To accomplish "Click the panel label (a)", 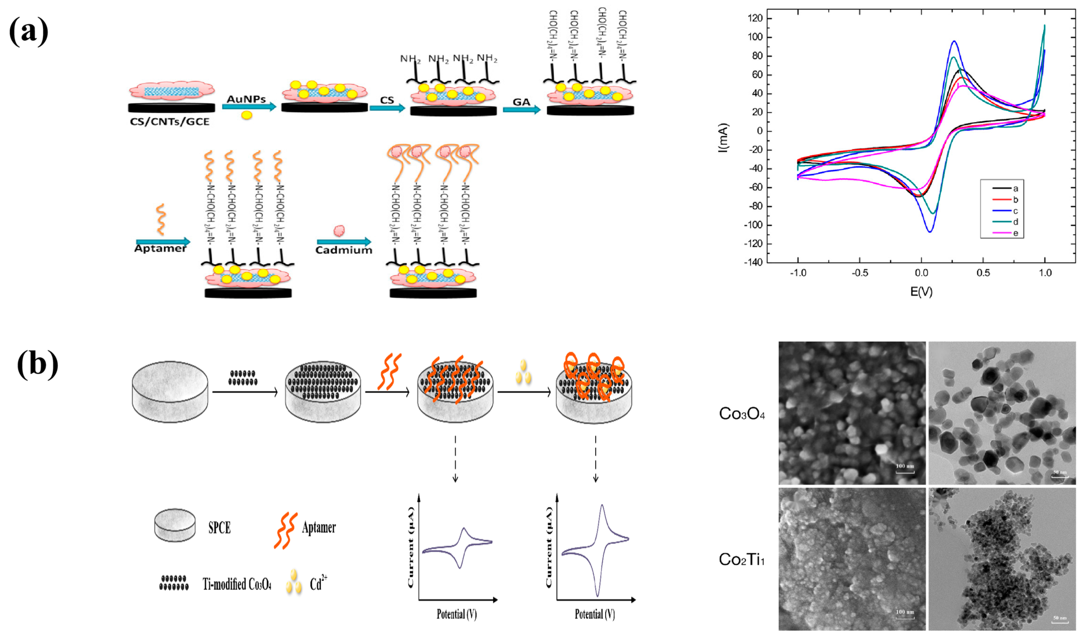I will coord(28,31).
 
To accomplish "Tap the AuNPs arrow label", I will coord(246,99).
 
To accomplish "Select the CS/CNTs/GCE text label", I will coord(169,122).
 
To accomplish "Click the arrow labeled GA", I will coord(521,109).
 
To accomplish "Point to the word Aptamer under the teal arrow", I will coord(160,248).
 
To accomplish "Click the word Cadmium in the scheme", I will coord(343,250).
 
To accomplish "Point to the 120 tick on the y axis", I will coord(755,18).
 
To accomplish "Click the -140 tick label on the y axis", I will coord(753,262).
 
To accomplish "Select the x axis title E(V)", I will coord(921,292).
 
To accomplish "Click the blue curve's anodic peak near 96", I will coord(954,41).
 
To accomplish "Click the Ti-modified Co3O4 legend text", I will coord(237,584).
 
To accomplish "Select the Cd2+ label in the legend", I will coord(318,583).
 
